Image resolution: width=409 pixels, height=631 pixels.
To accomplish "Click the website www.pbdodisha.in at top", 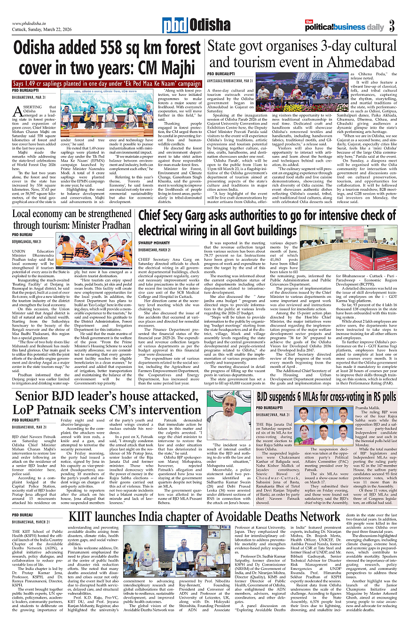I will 31,23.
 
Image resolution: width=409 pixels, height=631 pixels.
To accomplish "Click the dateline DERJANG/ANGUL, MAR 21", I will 27,241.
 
